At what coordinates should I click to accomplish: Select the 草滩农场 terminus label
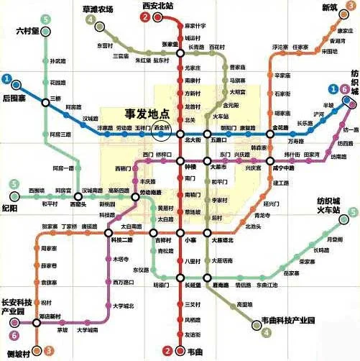click(x=98, y=9)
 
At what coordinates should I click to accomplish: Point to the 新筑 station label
click(x=328, y=8)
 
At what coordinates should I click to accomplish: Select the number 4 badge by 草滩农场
click(x=90, y=21)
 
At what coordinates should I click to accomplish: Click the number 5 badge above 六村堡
click(x=46, y=19)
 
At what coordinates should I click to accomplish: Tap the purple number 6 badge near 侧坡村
click(x=14, y=334)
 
